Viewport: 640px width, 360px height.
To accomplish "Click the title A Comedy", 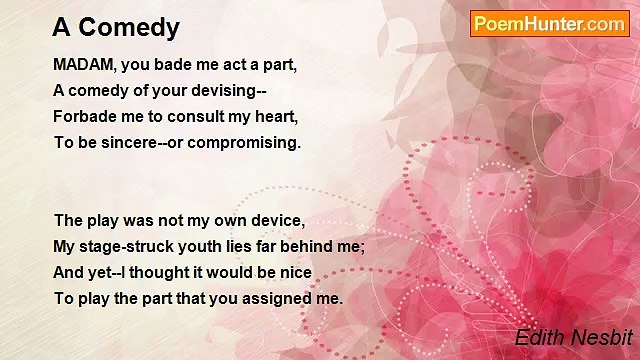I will point(117,27).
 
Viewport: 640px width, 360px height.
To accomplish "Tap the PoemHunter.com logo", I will point(549,24).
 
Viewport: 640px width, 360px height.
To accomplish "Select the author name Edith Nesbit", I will point(573,338).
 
